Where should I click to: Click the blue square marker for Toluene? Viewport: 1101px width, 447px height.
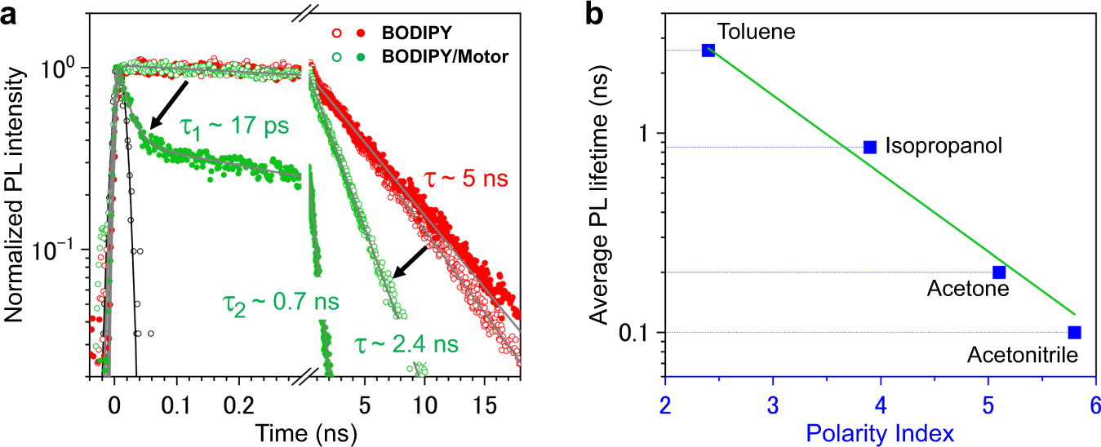coord(708,51)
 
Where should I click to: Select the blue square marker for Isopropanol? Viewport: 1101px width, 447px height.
coord(870,147)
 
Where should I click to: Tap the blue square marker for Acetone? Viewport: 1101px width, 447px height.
coord(999,272)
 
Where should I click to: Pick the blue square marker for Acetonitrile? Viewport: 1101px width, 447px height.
coord(1074,332)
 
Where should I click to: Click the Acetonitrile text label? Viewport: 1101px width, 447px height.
coord(1023,355)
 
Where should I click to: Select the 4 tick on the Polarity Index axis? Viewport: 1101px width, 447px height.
coord(880,405)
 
